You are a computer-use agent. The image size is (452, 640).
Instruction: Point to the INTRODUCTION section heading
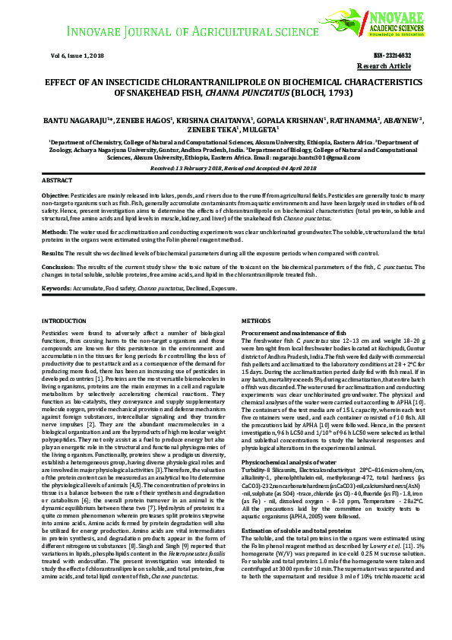click(x=65, y=322)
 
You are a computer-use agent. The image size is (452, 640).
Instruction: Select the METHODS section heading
click(x=255, y=322)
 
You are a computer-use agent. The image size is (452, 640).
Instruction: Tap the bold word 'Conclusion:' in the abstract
click(x=58, y=268)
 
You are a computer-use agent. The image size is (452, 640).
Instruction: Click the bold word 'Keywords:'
click(x=56, y=289)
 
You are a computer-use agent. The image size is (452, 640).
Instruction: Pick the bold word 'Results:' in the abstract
click(x=52, y=252)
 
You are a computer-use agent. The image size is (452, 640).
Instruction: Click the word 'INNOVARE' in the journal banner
click(x=98, y=33)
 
